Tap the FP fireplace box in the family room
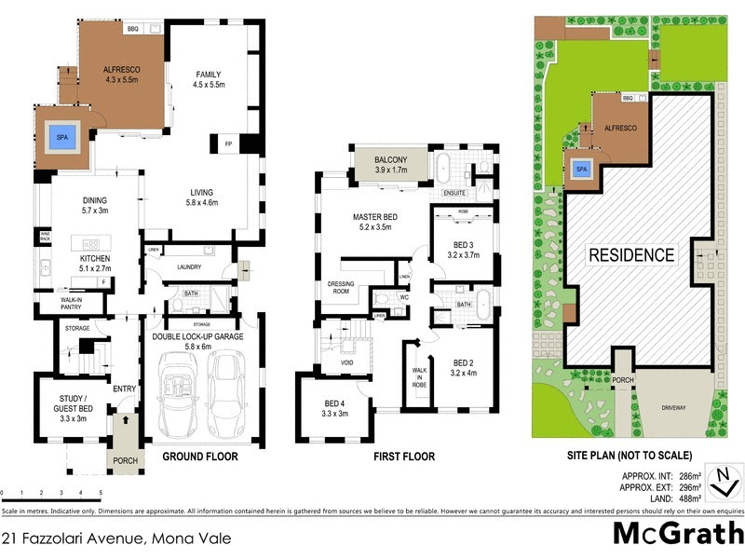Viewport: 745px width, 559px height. (228, 144)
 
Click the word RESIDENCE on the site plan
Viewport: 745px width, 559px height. (630, 254)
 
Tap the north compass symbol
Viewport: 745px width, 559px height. (722, 479)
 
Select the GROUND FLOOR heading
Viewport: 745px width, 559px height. (200, 457)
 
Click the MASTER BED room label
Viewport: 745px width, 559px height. (375, 223)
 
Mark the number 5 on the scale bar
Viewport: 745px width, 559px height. (100, 491)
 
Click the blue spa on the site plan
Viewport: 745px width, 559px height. (581, 170)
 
